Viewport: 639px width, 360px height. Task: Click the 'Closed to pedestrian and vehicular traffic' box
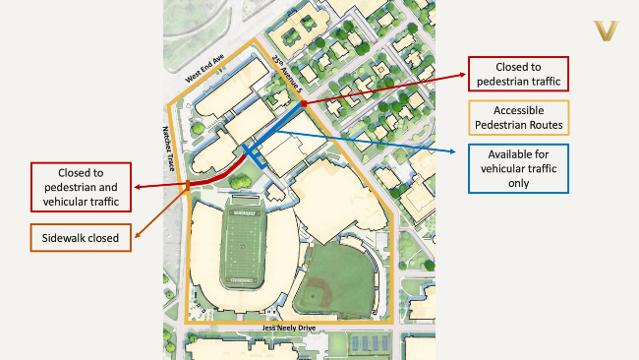pyautogui.click(x=82, y=186)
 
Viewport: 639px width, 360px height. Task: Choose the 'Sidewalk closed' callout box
pyautogui.click(x=82, y=237)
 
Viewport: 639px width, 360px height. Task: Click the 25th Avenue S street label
pyautogui.click(x=282, y=75)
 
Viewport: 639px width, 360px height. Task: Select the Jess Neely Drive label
pyautogui.click(x=293, y=327)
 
